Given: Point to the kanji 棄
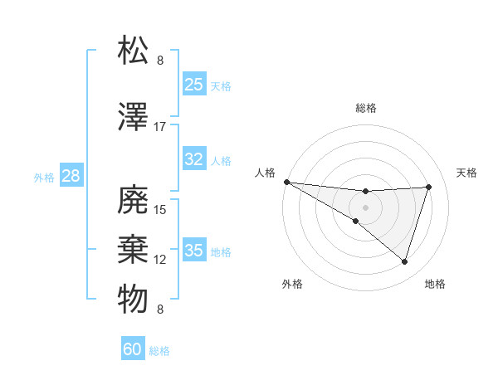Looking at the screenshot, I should click(x=133, y=249).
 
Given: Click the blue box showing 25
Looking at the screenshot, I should click(x=193, y=84).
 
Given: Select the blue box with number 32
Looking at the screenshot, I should click(x=193, y=159).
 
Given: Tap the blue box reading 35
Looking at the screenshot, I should click(x=193, y=251).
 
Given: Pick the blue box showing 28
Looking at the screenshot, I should click(x=71, y=175).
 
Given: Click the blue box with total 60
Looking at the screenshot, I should click(x=133, y=349).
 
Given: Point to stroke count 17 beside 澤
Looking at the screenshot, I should click(x=160, y=127).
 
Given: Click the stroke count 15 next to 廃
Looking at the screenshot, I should click(x=160, y=210).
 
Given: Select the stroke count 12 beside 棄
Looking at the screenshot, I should click(x=160, y=260).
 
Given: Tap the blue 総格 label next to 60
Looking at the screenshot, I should click(x=160, y=351).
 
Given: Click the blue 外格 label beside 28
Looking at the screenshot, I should click(x=44, y=177).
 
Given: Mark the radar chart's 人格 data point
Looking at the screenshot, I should click(x=286, y=182).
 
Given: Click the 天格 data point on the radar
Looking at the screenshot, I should click(x=428, y=187).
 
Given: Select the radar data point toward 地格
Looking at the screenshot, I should click(x=404, y=261).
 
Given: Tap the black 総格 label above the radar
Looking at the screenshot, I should click(x=366, y=108).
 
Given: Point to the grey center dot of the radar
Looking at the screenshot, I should click(x=365, y=206).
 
